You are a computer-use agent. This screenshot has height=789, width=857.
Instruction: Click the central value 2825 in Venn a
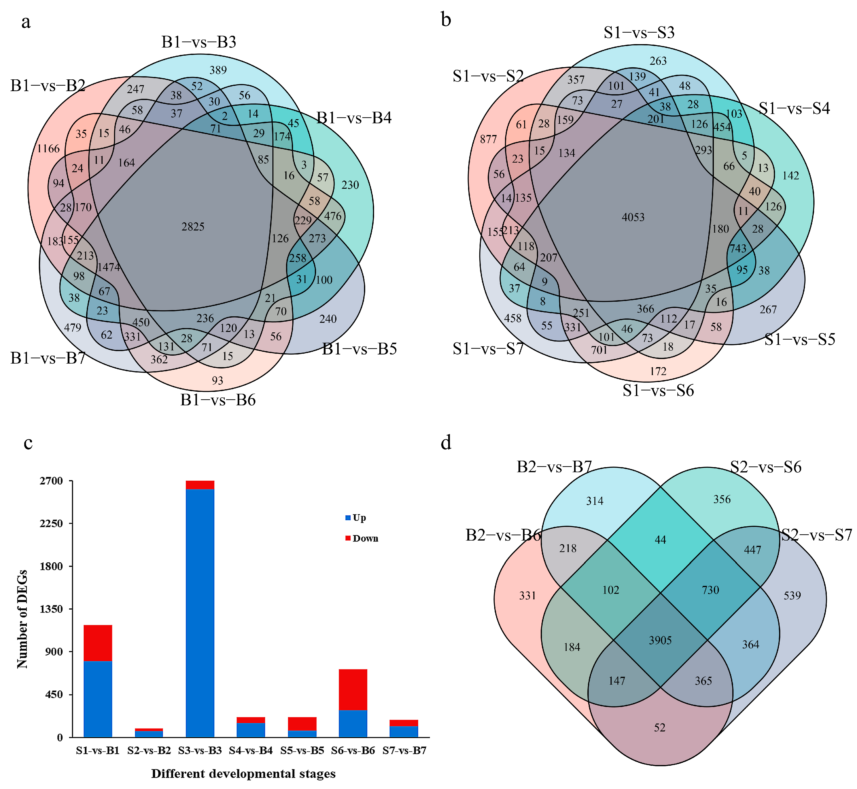click(193, 227)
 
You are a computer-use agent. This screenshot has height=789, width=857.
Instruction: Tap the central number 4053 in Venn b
click(633, 217)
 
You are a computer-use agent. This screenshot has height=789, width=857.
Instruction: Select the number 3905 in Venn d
click(660, 640)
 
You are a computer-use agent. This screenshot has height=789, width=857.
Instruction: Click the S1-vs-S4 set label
click(794, 108)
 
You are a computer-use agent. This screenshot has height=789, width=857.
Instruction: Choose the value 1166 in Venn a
click(48, 149)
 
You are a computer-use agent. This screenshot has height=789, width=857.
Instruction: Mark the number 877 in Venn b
click(488, 139)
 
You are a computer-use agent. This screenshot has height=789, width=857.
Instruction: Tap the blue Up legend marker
click(348, 518)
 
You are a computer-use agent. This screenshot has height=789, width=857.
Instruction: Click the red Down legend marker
click(348, 538)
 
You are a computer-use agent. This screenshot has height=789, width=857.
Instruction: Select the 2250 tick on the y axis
click(52, 524)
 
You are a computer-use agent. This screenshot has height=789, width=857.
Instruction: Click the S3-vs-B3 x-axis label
click(200, 751)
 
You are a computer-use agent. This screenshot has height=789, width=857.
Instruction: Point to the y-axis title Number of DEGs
click(22, 619)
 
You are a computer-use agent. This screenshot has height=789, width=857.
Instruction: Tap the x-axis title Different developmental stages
click(243, 774)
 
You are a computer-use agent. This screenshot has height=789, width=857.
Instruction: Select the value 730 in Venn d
click(710, 590)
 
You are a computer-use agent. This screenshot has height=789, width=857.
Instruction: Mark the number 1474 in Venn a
click(108, 267)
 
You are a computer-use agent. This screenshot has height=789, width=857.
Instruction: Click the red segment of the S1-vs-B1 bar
click(98, 643)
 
